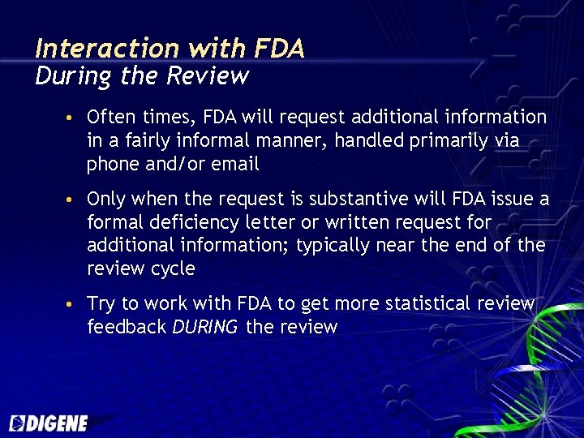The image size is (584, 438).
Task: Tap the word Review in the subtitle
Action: (207, 76)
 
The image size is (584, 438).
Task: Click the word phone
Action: (113, 165)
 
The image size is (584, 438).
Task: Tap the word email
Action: (235, 165)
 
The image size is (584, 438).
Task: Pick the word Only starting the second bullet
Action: (105, 199)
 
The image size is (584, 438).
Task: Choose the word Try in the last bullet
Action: (101, 303)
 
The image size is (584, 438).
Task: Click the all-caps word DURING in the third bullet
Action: (205, 327)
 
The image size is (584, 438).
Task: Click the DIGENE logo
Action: (49, 423)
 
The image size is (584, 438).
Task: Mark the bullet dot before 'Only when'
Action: (71, 200)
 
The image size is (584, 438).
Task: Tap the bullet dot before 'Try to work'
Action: (71, 304)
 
